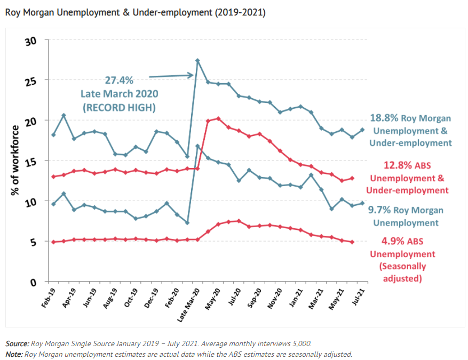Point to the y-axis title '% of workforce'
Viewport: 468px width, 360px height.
pos(15,160)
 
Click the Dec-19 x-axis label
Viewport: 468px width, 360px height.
pos(152,298)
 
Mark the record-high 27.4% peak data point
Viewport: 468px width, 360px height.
pos(197,61)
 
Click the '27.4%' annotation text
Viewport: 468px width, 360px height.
pos(119,80)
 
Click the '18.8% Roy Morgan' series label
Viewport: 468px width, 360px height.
pos(410,118)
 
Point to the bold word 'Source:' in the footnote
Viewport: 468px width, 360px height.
pos(17,344)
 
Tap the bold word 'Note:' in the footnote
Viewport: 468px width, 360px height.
pos(14,354)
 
